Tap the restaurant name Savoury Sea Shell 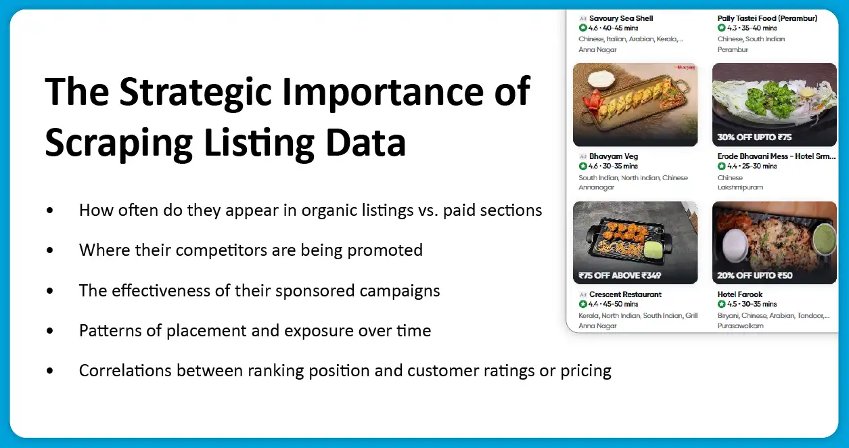[x=621, y=18]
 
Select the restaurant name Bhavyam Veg [x=613, y=156]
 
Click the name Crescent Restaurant [x=625, y=294]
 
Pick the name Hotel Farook [x=740, y=294]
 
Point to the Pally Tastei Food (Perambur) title [x=767, y=18]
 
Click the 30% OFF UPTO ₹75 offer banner [x=754, y=137]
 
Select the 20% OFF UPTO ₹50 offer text [x=754, y=275]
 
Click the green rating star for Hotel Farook [x=722, y=305]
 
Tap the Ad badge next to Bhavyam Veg [x=582, y=156]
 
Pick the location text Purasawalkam [x=741, y=326]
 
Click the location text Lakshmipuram [x=740, y=187]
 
